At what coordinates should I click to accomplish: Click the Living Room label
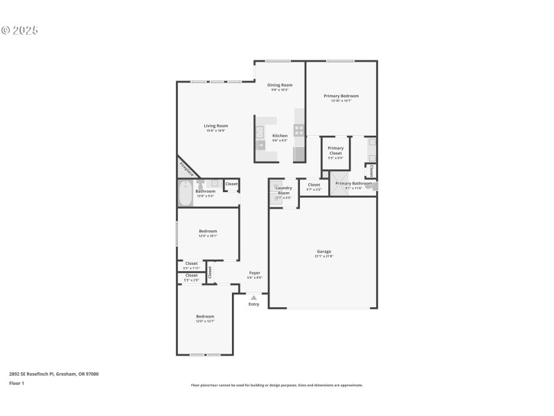[x=215, y=125]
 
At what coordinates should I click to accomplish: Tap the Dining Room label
[x=280, y=85]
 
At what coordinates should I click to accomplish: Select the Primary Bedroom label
[x=341, y=96]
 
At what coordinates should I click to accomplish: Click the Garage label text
[x=323, y=251]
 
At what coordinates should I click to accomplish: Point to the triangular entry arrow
[x=253, y=297]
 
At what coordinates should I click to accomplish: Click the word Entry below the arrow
[x=253, y=304]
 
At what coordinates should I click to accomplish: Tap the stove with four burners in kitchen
[x=299, y=129]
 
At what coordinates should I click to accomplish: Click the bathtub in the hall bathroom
[x=185, y=193]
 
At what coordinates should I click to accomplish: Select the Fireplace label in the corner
[x=186, y=167]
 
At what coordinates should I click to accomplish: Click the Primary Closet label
[x=335, y=150]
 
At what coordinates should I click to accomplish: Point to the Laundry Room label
[x=283, y=190]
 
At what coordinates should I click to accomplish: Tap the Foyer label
[x=255, y=273]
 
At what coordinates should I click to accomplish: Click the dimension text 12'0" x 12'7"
[x=205, y=321]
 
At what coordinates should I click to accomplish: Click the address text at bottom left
[x=53, y=374]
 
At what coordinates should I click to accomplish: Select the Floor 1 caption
[x=17, y=383]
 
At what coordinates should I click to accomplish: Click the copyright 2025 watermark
[x=19, y=31]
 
